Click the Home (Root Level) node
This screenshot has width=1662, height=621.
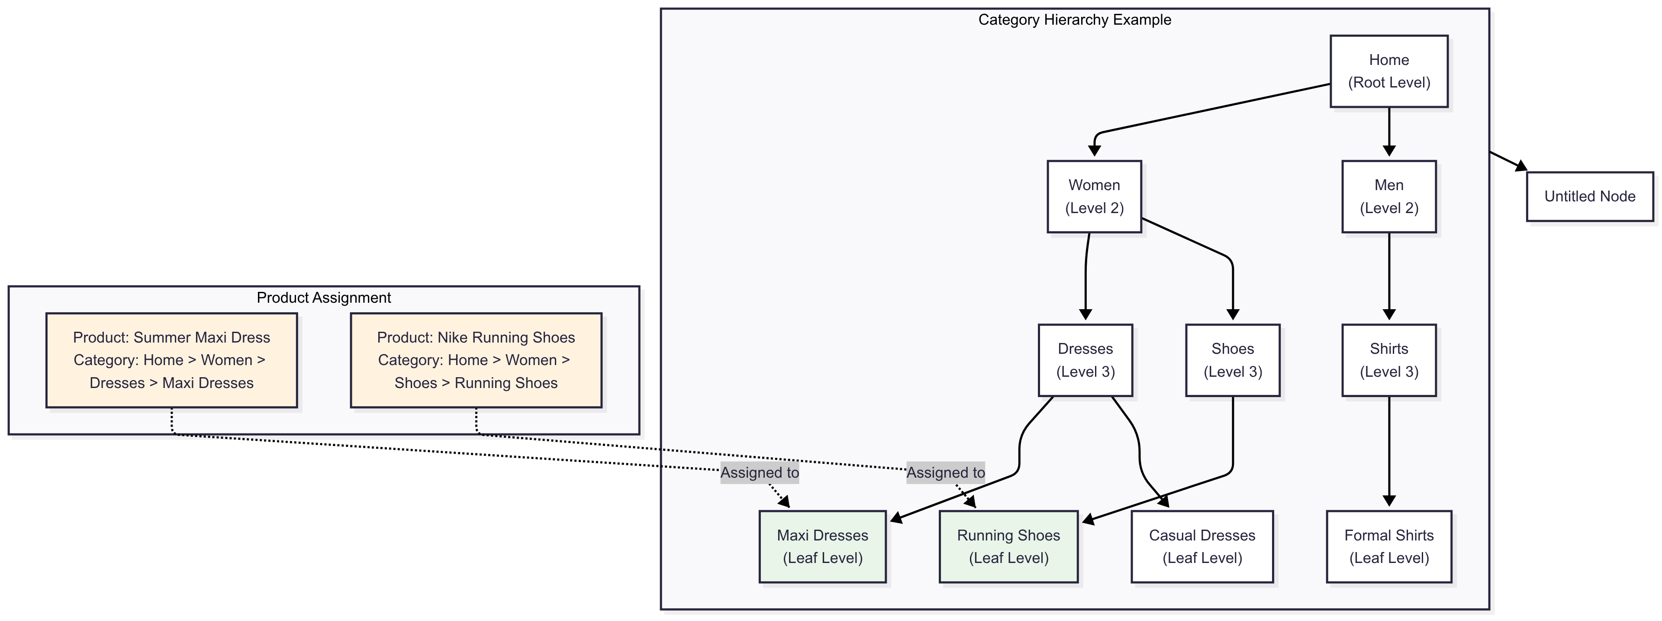[1388, 71]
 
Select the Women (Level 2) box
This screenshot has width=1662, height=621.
[1094, 196]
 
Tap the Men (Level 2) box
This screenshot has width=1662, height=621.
[1388, 196]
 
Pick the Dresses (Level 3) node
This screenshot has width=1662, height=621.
[1085, 360]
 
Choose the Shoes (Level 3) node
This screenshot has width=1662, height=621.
[1232, 360]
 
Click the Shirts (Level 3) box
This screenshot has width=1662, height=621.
[1388, 360]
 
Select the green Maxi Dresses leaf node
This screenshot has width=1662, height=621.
[823, 547]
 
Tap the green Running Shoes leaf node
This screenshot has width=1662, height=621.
[1008, 547]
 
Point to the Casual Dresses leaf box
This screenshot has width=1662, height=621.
[1202, 547]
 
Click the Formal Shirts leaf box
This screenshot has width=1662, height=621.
[1388, 547]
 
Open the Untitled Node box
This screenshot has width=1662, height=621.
[1590, 196]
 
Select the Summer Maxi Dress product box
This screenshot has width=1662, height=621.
[172, 360]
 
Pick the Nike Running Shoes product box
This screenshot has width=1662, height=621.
[476, 360]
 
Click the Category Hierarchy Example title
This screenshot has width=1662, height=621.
[1074, 20]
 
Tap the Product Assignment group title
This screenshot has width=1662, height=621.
[324, 298]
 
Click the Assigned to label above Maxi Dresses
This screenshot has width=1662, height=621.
[760, 472]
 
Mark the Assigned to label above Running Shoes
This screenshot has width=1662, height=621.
[945, 472]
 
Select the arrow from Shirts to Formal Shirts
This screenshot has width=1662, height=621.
[1389, 452]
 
